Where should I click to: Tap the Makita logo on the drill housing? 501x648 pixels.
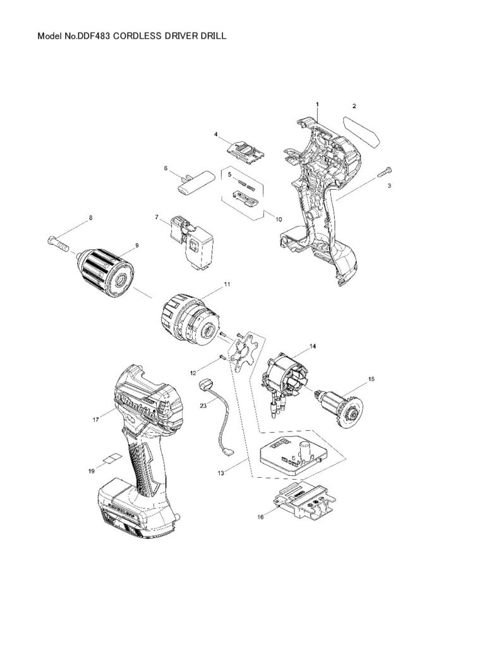[138, 403]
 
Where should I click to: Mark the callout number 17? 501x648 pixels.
[96, 420]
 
